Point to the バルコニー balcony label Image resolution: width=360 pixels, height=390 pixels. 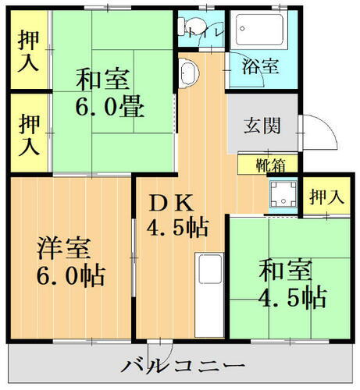point(183,366)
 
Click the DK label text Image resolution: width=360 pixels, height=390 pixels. point(171,202)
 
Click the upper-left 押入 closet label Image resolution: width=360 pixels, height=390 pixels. point(30,51)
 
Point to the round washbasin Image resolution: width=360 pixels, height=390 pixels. point(188,75)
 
